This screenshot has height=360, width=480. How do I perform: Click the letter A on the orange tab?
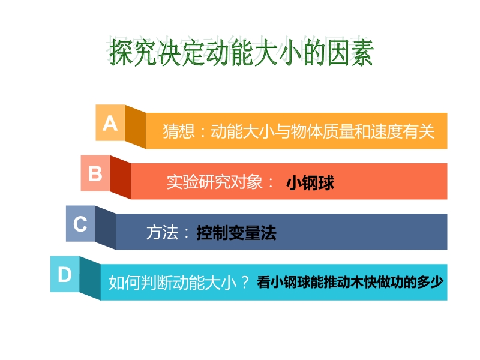pyautogui.click(x=110, y=124)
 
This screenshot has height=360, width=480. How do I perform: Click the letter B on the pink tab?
pyautogui.click(x=95, y=173)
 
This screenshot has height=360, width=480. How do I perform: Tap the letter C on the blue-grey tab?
pyautogui.click(x=80, y=224)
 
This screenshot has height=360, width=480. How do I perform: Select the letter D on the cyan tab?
pyautogui.click(x=65, y=274)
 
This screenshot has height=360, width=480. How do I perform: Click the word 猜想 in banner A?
pyautogui.click(x=179, y=131)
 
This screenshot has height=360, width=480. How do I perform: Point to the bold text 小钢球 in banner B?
pyautogui.click(x=310, y=183)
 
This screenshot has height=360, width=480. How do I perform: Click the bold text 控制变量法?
pyautogui.click(x=236, y=233)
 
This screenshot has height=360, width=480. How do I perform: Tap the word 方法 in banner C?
pyautogui.click(x=162, y=233)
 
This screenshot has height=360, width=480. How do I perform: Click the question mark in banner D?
pyautogui.click(x=245, y=282)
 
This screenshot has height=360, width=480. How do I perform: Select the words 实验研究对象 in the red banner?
pyautogui.click(x=215, y=182)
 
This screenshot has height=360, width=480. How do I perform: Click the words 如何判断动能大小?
pyautogui.click(x=173, y=282)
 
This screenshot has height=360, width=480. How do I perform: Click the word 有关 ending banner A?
pyautogui.click(x=418, y=131)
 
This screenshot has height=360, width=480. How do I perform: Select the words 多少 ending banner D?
pyautogui.click(x=430, y=282)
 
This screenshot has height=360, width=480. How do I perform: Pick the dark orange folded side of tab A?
pyautogui.click(x=135, y=127)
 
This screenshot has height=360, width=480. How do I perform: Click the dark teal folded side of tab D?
pyautogui.click(x=90, y=278)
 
